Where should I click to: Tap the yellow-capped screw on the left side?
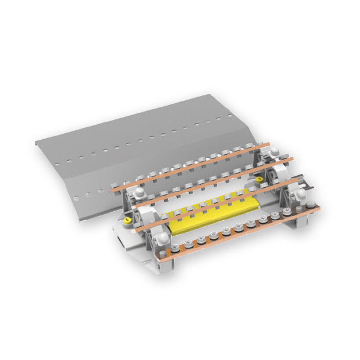point(127,221)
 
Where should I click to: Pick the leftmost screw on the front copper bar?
point(174,248)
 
